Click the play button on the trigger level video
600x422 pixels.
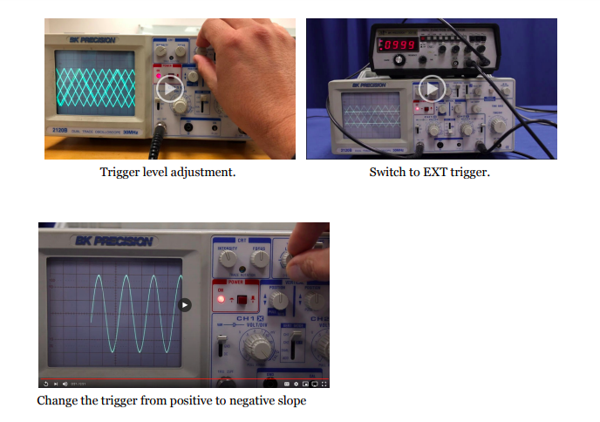(x=170, y=88)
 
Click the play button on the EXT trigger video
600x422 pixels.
(x=431, y=88)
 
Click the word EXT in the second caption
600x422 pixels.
(x=429, y=173)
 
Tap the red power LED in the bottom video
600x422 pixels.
(x=222, y=298)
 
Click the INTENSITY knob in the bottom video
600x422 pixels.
(x=228, y=258)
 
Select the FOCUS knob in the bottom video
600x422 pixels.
(x=258, y=258)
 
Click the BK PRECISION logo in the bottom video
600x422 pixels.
(x=113, y=241)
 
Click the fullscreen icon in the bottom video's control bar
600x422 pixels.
(x=324, y=384)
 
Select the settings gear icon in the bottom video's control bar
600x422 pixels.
(x=297, y=384)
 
